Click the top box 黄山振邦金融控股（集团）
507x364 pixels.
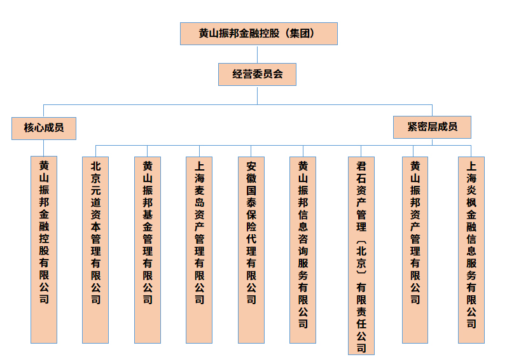coord(259,34)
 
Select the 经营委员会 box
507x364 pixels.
coord(257,74)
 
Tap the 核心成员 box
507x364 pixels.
coord(44,129)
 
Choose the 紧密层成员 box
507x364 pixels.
coord(432,127)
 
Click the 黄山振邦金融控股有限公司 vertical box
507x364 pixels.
coord(44,250)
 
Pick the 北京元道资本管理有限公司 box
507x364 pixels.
coord(95,250)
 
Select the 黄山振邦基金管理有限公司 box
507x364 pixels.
coord(148,250)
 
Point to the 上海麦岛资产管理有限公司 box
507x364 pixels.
coord(199,250)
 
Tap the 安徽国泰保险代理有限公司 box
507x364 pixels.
coord(251,250)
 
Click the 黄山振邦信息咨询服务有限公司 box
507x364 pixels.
coord(303,250)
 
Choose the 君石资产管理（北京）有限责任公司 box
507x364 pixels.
coord(361,256)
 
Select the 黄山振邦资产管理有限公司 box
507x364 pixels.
coord(415,250)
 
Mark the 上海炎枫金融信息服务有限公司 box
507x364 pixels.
coord(471,250)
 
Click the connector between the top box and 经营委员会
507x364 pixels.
coord(258,54)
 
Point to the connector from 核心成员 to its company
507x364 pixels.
coord(44,148)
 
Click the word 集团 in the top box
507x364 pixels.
coord(300,33)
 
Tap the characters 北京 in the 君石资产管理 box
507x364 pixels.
coord(361,256)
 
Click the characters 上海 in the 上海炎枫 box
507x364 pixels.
coord(471,172)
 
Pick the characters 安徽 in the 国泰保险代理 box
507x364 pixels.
coord(251,172)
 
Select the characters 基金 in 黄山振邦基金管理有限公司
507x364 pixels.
coord(148,220)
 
